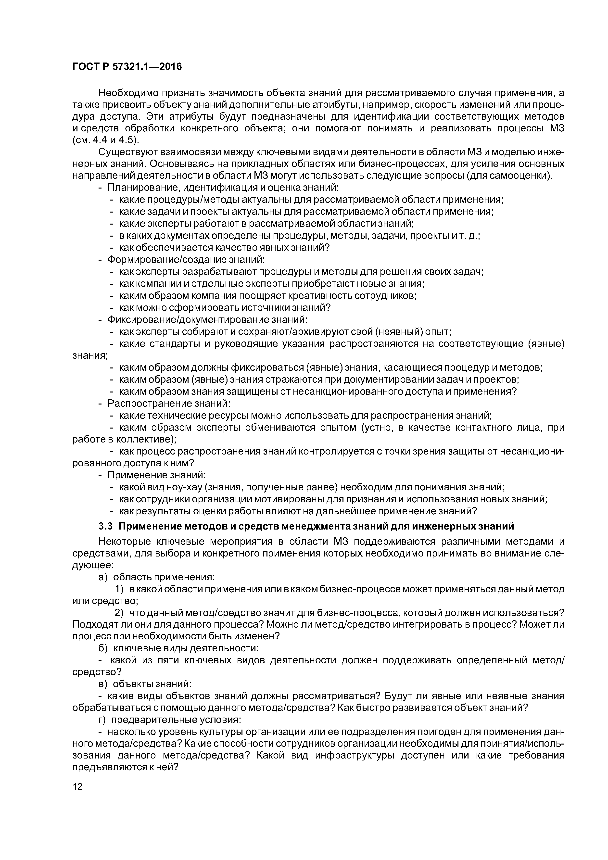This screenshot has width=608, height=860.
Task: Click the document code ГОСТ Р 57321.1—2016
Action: click(x=127, y=67)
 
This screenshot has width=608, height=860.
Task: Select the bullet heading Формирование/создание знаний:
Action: click(x=186, y=260)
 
